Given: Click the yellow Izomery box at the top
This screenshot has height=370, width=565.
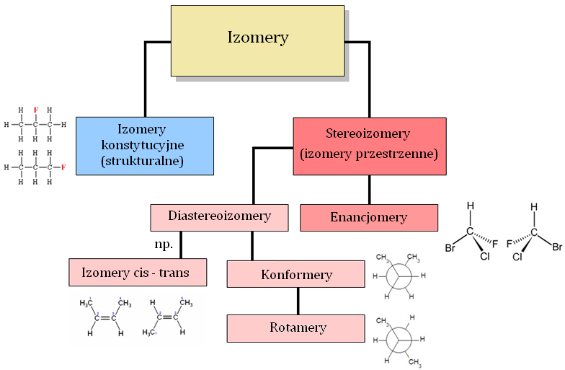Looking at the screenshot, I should [257, 40].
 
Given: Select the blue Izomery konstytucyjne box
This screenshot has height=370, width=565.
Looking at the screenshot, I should [144, 145].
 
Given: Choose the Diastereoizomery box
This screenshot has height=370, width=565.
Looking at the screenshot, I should [219, 216].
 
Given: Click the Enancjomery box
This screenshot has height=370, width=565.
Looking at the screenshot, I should [368, 217].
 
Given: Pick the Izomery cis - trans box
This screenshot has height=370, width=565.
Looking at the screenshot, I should [139, 273].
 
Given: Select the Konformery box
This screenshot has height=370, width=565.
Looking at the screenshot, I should [295, 275].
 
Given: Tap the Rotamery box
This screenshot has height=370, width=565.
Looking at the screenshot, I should [295, 328].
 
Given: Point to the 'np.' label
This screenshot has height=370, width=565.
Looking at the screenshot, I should [164, 245].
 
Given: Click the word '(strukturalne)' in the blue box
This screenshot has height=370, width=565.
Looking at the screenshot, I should [144, 162].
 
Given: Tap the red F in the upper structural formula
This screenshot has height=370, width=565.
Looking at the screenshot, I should [35, 110].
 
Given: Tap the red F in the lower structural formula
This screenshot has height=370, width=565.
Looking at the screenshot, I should [63, 167].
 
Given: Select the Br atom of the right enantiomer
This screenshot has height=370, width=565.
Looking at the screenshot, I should [556, 247].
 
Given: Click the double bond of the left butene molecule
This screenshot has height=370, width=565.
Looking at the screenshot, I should [105, 317].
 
